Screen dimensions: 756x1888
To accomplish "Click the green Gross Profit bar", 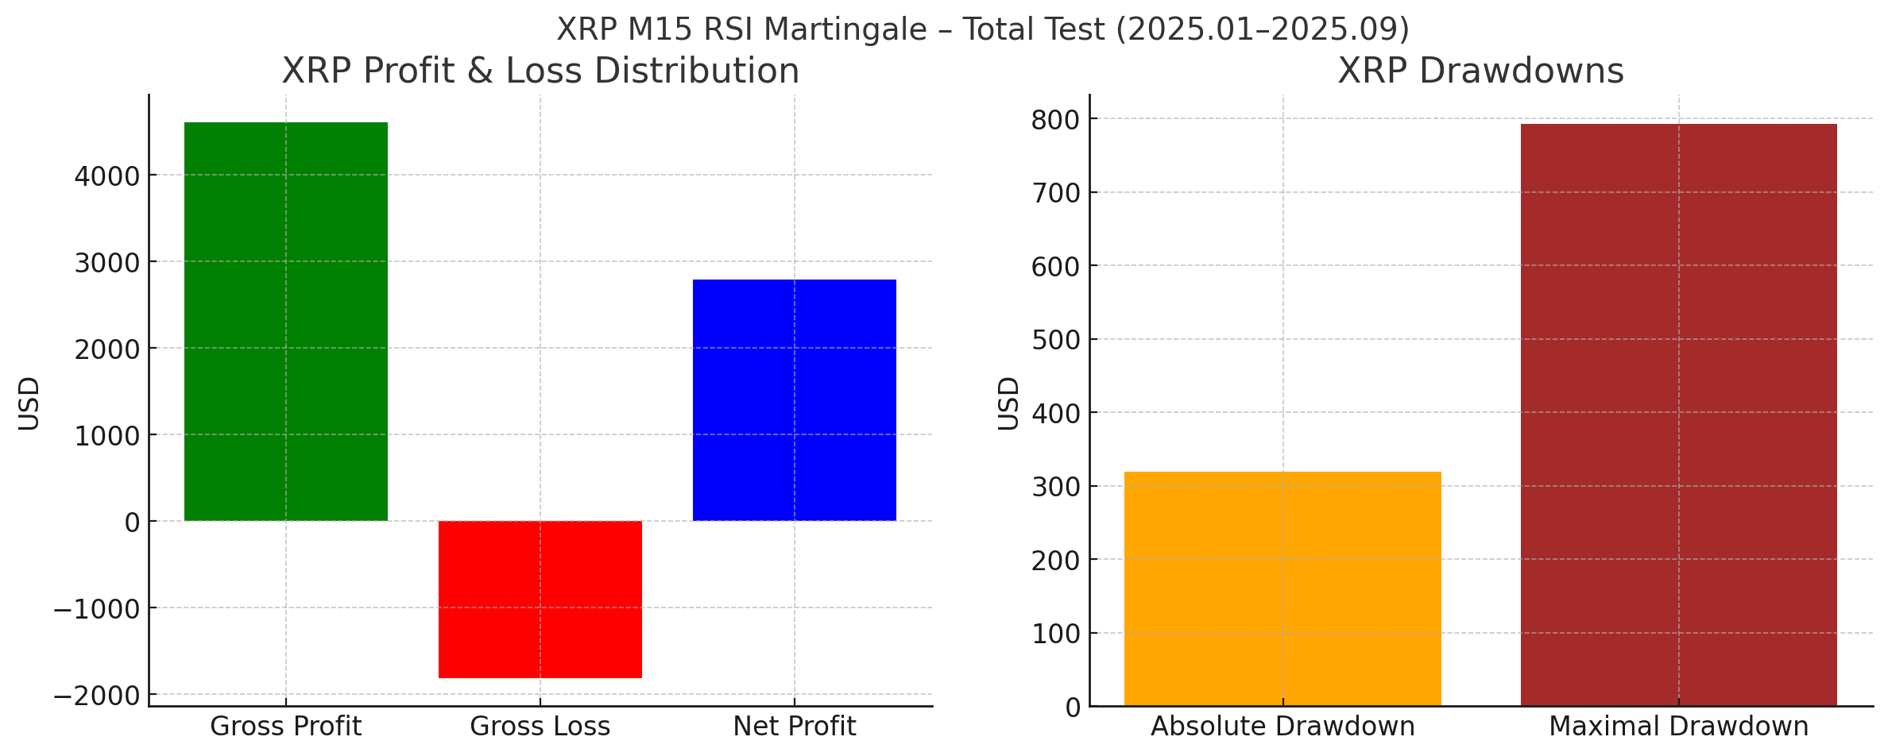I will [x=286, y=322].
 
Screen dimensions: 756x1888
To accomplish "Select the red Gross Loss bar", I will [x=540, y=600].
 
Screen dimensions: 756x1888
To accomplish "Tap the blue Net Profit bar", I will [x=795, y=400].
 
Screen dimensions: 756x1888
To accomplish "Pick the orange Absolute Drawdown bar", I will [x=1283, y=588].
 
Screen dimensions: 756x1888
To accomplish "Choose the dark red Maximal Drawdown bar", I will [x=1678, y=415].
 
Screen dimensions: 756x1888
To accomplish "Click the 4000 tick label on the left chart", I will [x=106, y=176].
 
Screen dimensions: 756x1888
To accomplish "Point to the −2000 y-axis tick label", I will [x=96, y=696].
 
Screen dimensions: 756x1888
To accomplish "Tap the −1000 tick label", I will [x=96, y=610].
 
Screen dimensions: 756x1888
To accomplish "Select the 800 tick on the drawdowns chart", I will [x=1055, y=120].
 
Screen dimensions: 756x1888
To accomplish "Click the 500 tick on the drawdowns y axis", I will [x=1055, y=340].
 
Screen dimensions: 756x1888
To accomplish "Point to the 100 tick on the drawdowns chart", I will [x=1055, y=634].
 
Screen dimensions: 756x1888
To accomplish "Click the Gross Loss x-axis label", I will [x=540, y=727].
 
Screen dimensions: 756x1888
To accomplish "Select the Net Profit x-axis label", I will [x=795, y=727].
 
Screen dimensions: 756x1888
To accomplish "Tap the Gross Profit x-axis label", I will [x=286, y=727].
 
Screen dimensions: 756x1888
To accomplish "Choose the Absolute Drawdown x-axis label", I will [x=1283, y=727].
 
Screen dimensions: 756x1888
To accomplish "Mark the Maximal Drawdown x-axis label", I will [x=1678, y=727].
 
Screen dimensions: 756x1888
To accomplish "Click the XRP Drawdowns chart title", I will [x=1480, y=71].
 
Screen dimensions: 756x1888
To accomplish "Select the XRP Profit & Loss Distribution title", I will [x=540, y=71].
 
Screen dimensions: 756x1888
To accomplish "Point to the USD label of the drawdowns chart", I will [x=1008, y=403].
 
